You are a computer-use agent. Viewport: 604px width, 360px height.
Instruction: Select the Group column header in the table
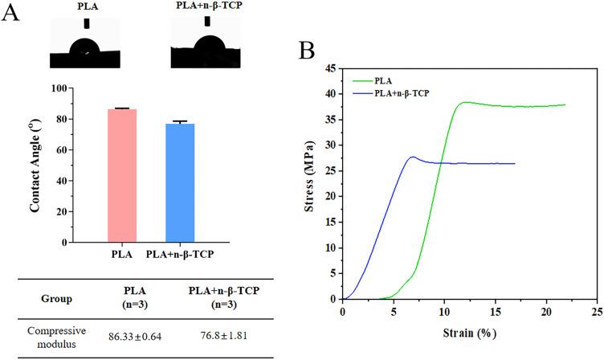pyautogui.click(x=56, y=299)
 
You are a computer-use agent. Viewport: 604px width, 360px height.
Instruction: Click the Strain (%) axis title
pyautogui.click(x=467, y=332)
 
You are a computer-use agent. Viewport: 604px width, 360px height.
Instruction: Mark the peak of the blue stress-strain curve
pyautogui.click(x=412, y=157)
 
